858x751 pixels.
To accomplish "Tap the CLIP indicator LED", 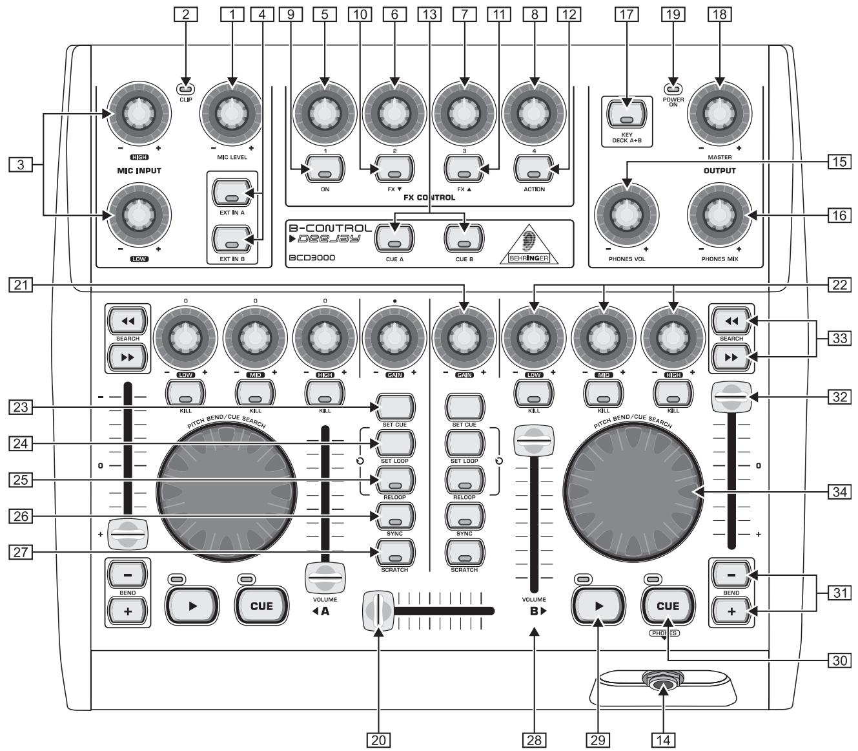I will pyautogui.click(x=186, y=89).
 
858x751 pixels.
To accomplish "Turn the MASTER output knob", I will pyautogui.click(x=718, y=114).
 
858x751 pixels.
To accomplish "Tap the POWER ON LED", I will pyautogui.click(x=673, y=89).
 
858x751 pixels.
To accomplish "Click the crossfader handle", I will pyautogui.click(x=378, y=610).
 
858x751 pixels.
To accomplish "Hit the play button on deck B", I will pyautogui.click(x=598, y=606).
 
